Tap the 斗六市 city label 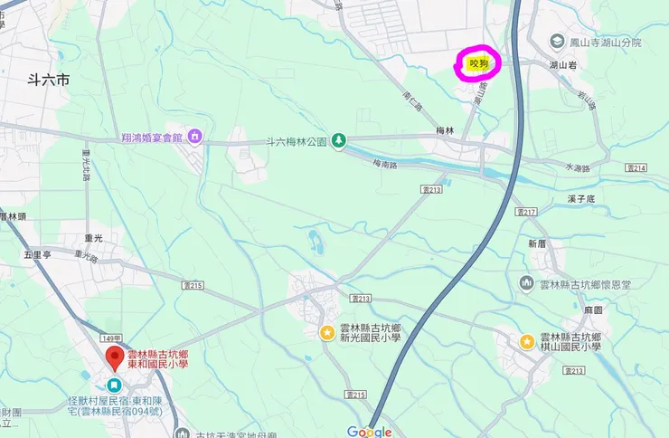(x=49, y=81)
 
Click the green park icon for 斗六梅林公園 (x=338, y=141)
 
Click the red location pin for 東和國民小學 (x=114, y=357)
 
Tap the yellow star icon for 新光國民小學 (x=325, y=332)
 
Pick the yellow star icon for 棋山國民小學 (x=526, y=341)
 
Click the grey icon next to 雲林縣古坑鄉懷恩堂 (x=526, y=284)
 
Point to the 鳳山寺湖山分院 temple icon (x=558, y=43)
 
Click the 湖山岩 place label (x=563, y=65)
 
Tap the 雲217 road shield (x=526, y=211)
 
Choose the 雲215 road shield (x=356, y=395)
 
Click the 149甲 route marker (x=112, y=337)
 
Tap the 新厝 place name (x=537, y=243)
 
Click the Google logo (x=369, y=432)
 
